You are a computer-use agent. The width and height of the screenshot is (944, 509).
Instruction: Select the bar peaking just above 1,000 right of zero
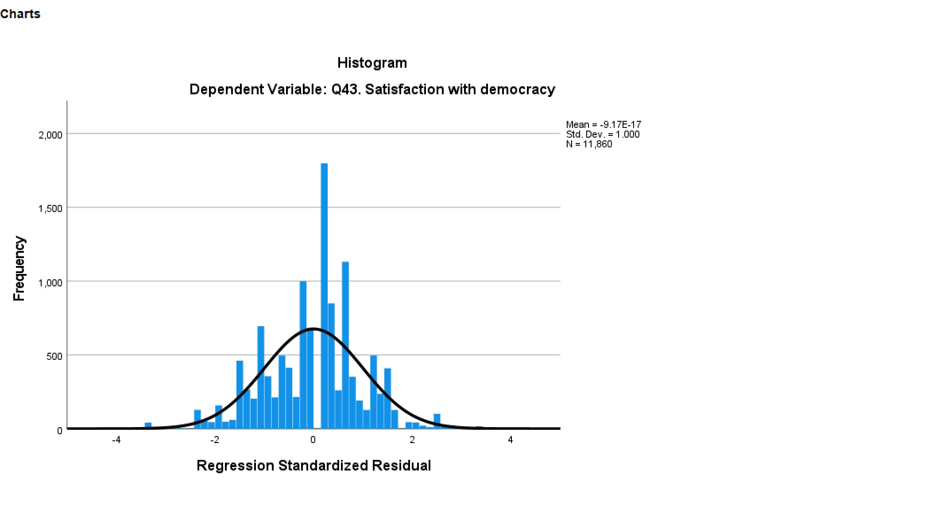[x=345, y=345]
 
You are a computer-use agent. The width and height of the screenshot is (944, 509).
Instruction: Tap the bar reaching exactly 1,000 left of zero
[x=303, y=354]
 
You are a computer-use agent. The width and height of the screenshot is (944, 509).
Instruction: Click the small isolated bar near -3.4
[x=148, y=425]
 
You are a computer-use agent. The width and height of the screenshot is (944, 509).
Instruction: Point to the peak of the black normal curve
[x=313, y=329]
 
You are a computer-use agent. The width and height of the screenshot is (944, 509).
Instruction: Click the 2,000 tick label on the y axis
[x=50, y=135]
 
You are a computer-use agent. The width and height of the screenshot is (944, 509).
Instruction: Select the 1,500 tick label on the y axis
[x=50, y=208]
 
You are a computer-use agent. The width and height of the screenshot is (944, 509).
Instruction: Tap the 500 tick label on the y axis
[x=54, y=356]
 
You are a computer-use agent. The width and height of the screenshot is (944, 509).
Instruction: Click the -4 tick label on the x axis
[x=116, y=440]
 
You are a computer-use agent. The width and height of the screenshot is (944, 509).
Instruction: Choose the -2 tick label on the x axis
[x=215, y=440]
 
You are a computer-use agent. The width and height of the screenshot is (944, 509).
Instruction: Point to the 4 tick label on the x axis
[x=511, y=440]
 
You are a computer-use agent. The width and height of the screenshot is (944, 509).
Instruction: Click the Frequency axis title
[x=19, y=268]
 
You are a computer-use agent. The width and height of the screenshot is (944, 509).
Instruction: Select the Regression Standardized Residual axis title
[x=313, y=466]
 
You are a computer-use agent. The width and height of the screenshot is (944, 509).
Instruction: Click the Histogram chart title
[x=372, y=63]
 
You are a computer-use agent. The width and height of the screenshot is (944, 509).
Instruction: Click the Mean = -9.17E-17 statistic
[x=603, y=125]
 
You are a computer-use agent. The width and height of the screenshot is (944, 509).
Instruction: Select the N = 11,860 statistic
[x=589, y=144]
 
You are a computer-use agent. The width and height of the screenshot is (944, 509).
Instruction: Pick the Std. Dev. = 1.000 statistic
[x=602, y=135]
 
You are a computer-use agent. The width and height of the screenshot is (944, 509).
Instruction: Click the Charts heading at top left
[x=20, y=14]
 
